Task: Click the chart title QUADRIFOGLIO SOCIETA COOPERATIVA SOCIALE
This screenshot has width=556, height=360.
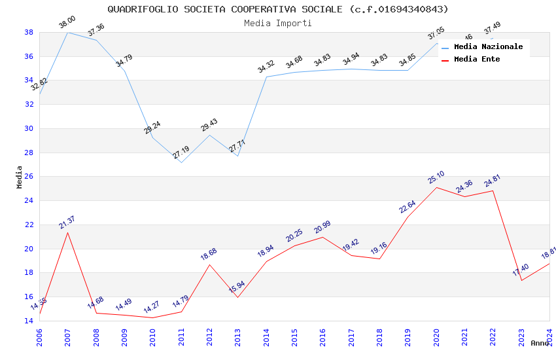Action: [x=278, y=9]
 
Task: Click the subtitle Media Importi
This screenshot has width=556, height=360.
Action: [x=278, y=23]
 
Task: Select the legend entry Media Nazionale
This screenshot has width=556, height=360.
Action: [x=488, y=46]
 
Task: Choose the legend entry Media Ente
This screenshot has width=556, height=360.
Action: [x=477, y=59]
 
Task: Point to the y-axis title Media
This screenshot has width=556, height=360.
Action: [x=20, y=177]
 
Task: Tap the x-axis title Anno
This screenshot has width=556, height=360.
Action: [x=540, y=343]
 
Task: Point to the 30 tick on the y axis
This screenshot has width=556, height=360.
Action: [x=29, y=128]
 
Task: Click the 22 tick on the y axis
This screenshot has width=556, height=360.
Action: [x=29, y=225]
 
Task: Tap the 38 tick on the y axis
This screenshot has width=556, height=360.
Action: [x=29, y=32]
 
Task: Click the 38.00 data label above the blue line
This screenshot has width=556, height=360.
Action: [x=67, y=23]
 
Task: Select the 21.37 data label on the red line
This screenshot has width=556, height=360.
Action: [x=67, y=223]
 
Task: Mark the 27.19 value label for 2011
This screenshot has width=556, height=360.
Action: [x=181, y=153]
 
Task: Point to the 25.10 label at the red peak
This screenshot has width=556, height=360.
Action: [x=436, y=178]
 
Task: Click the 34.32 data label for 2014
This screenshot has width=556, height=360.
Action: [x=266, y=67]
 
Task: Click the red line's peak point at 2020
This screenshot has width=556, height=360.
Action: [x=436, y=187]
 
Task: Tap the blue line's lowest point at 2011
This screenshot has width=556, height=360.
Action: [x=181, y=162]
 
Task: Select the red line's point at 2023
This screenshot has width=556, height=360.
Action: [x=521, y=280]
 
